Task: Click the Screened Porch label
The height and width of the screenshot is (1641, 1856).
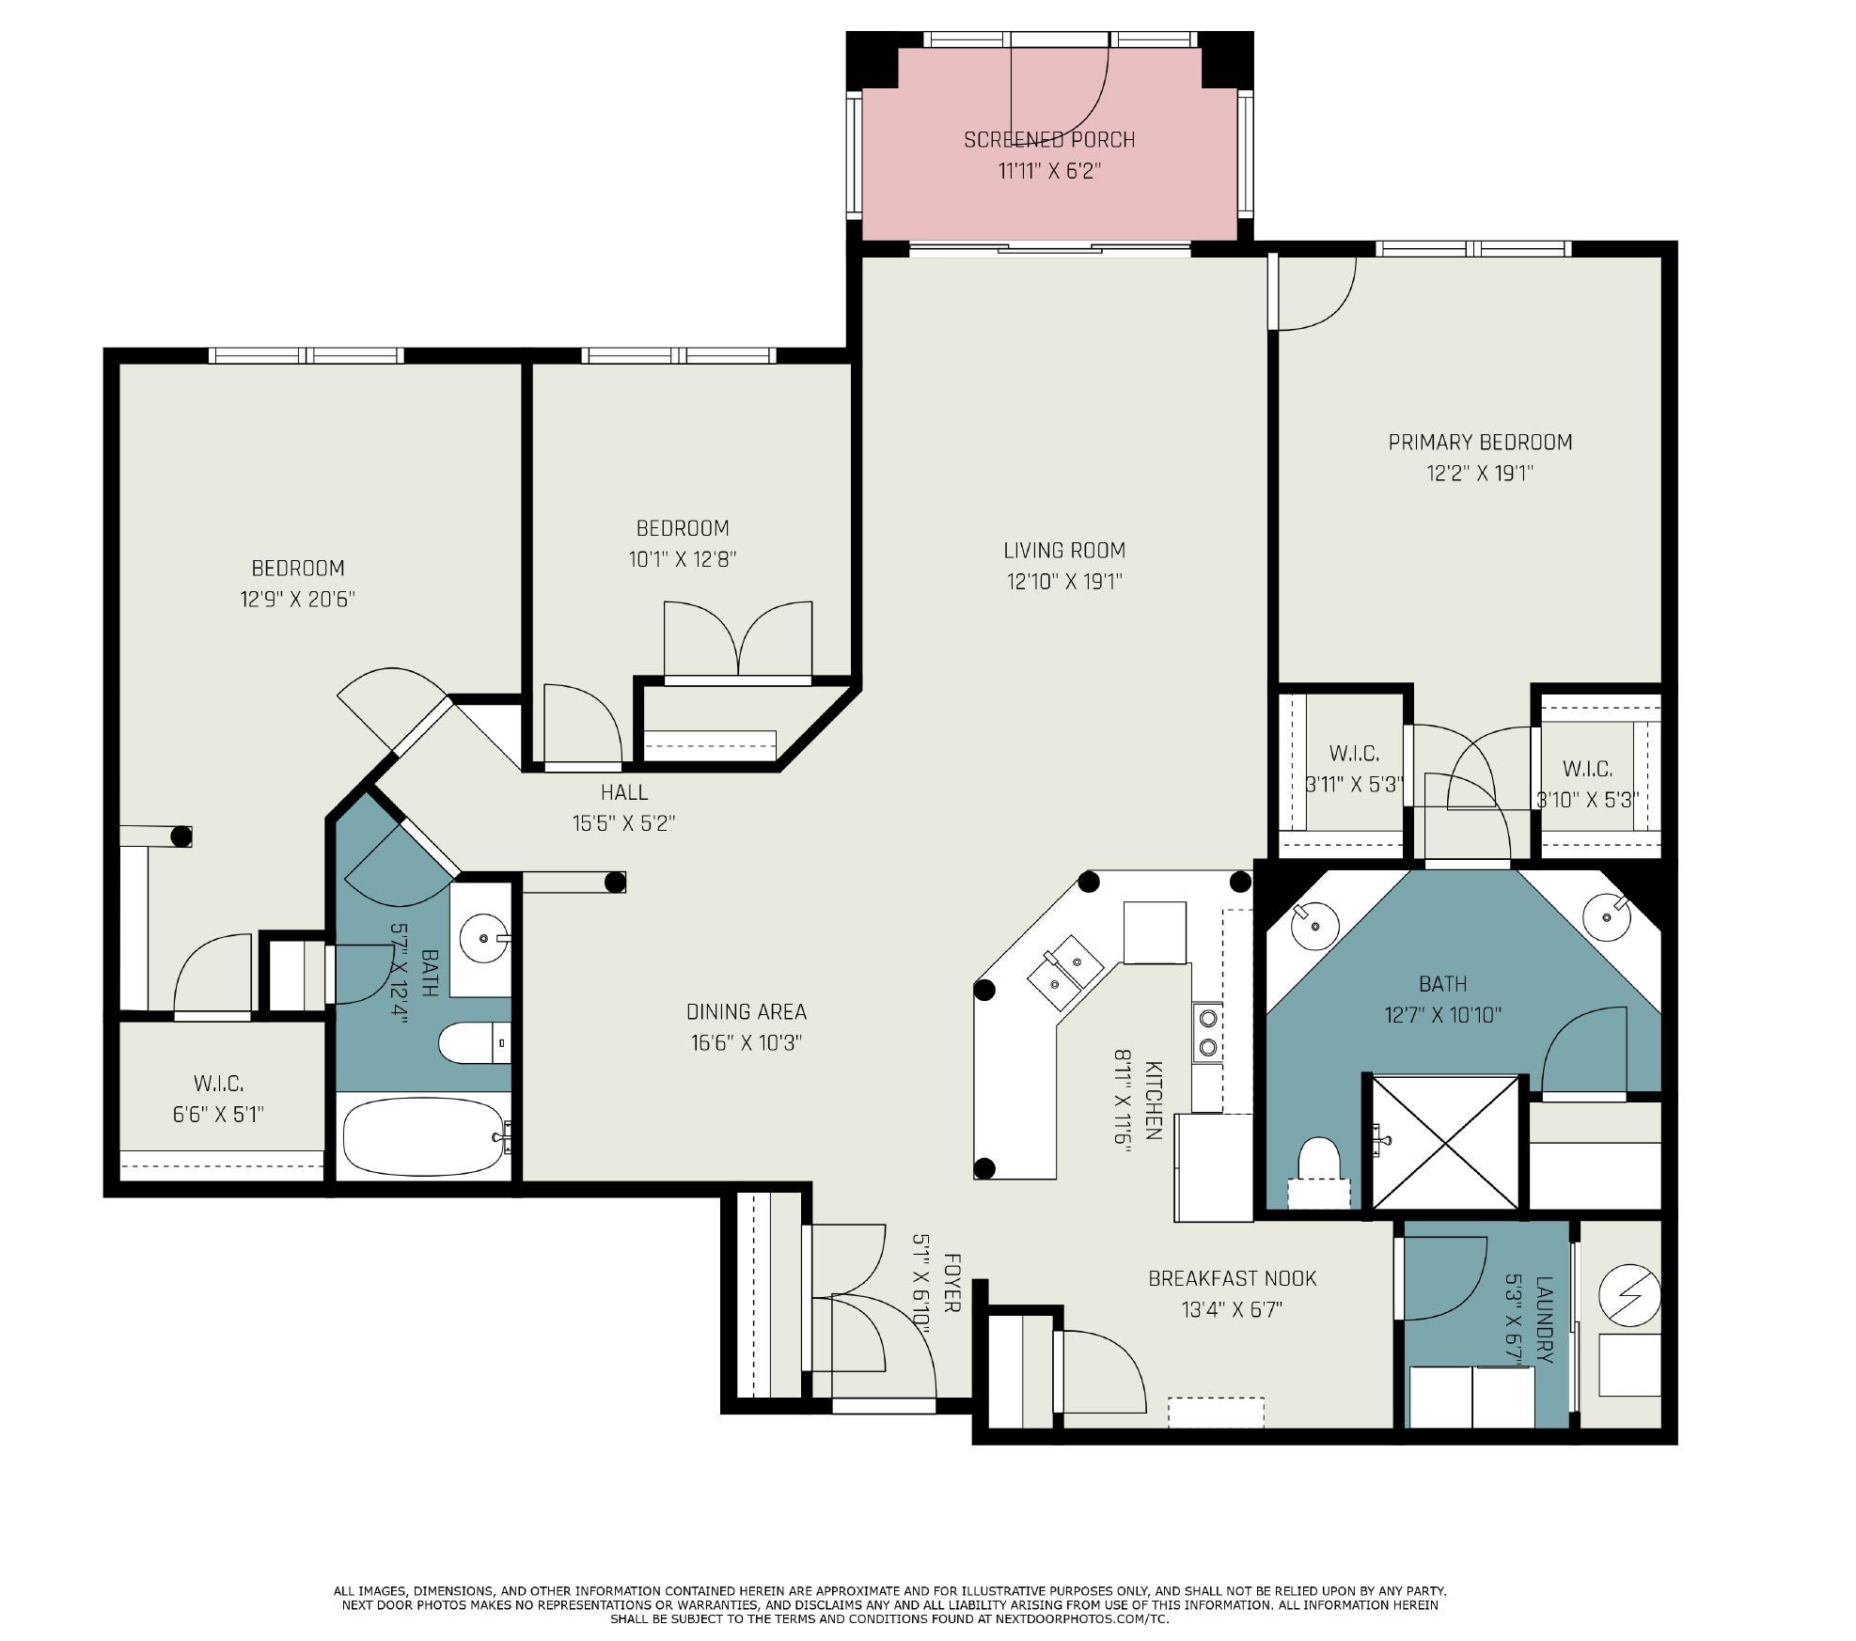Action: (1049, 139)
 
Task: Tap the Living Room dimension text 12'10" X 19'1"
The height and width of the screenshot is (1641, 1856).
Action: (1064, 582)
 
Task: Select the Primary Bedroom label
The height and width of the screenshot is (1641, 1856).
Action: (1480, 442)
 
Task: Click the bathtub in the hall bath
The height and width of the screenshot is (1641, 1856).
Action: (424, 1137)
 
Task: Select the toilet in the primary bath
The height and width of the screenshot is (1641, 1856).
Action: (1318, 1171)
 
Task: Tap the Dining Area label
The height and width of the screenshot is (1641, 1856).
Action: (746, 1011)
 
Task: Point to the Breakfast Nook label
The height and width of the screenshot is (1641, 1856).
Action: (1232, 1278)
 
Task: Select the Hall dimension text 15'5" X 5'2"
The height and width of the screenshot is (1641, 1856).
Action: (624, 823)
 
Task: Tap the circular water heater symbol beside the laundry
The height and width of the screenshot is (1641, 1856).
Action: (1629, 1294)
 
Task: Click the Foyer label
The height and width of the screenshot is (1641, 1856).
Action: (952, 1282)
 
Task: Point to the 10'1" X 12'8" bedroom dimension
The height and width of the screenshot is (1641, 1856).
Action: (683, 559)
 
